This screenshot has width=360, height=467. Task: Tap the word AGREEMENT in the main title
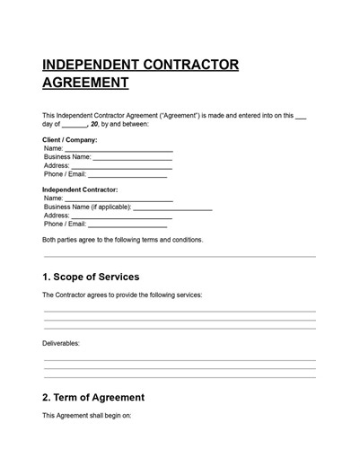coord(85,84)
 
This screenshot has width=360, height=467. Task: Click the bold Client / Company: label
coord(70,140)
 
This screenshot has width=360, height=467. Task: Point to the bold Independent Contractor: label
coord(80,190)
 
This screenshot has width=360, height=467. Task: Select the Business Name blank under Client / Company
coord(131,159)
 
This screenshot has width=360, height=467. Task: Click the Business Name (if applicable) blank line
coord(172,208)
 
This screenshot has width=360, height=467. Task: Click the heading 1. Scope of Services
coord(91,277)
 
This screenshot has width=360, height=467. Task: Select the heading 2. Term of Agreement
coord(93,397)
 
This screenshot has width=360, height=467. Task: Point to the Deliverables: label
coord(61,343)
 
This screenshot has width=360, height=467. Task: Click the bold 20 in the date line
coord(94,125)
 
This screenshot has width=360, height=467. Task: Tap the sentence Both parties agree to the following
coord(123,240)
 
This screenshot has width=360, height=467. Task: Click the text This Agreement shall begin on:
coord(87,416)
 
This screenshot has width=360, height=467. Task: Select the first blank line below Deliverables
coord(180,360)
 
